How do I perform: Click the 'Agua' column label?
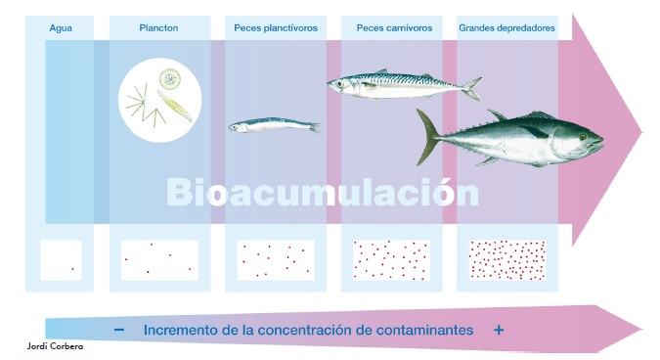pos(61,28)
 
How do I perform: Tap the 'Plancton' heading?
pos(158,28)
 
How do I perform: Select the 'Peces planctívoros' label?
pos(276,28)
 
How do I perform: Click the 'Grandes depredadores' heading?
pos(507,28)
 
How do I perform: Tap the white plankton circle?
pos(160,97)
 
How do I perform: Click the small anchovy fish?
pos(273,125)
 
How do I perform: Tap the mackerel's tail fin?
pos(472,87)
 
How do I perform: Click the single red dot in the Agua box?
pos(72,269)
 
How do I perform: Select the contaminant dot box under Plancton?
pos(159,260)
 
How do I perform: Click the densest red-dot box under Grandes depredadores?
pos(507,260)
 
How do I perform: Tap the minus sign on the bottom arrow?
pos(118,331)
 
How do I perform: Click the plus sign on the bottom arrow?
pos(499,331)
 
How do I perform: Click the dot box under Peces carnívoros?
pos(391,260)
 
